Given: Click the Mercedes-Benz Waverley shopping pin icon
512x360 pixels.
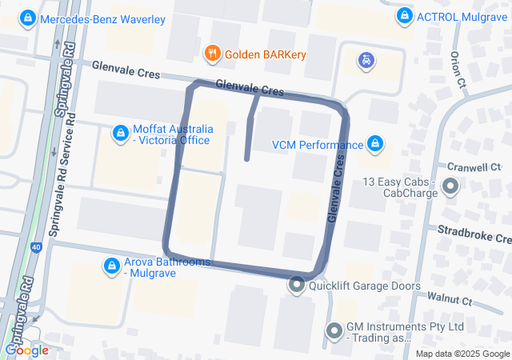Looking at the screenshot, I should [x=29, y=18].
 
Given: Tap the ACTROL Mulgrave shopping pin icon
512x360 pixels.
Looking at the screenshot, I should [x=405, y=16].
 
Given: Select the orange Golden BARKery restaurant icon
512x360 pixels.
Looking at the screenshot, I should [x=212, y=54].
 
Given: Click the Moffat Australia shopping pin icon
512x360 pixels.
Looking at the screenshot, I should [x=121, y=133].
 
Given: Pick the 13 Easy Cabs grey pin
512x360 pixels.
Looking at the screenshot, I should [x=450, y=187].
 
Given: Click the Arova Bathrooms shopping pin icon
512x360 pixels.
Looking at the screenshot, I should [x=113, y=265].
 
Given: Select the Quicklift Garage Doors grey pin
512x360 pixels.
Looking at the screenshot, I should [x=297, y=284].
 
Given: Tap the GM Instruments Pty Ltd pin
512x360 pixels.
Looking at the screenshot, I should [x=334, y=330].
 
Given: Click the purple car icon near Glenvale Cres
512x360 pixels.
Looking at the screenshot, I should [x=366, y=58].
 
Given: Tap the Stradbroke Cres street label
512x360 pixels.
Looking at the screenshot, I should [x=474, y=234].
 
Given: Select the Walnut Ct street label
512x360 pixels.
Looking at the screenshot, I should [x=450, y=300].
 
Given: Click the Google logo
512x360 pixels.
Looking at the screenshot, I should [x=26, y=350].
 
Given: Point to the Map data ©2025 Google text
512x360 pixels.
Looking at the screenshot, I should [x=462, y=354].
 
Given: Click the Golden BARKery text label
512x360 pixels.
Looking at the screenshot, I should [x=265, y=54].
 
